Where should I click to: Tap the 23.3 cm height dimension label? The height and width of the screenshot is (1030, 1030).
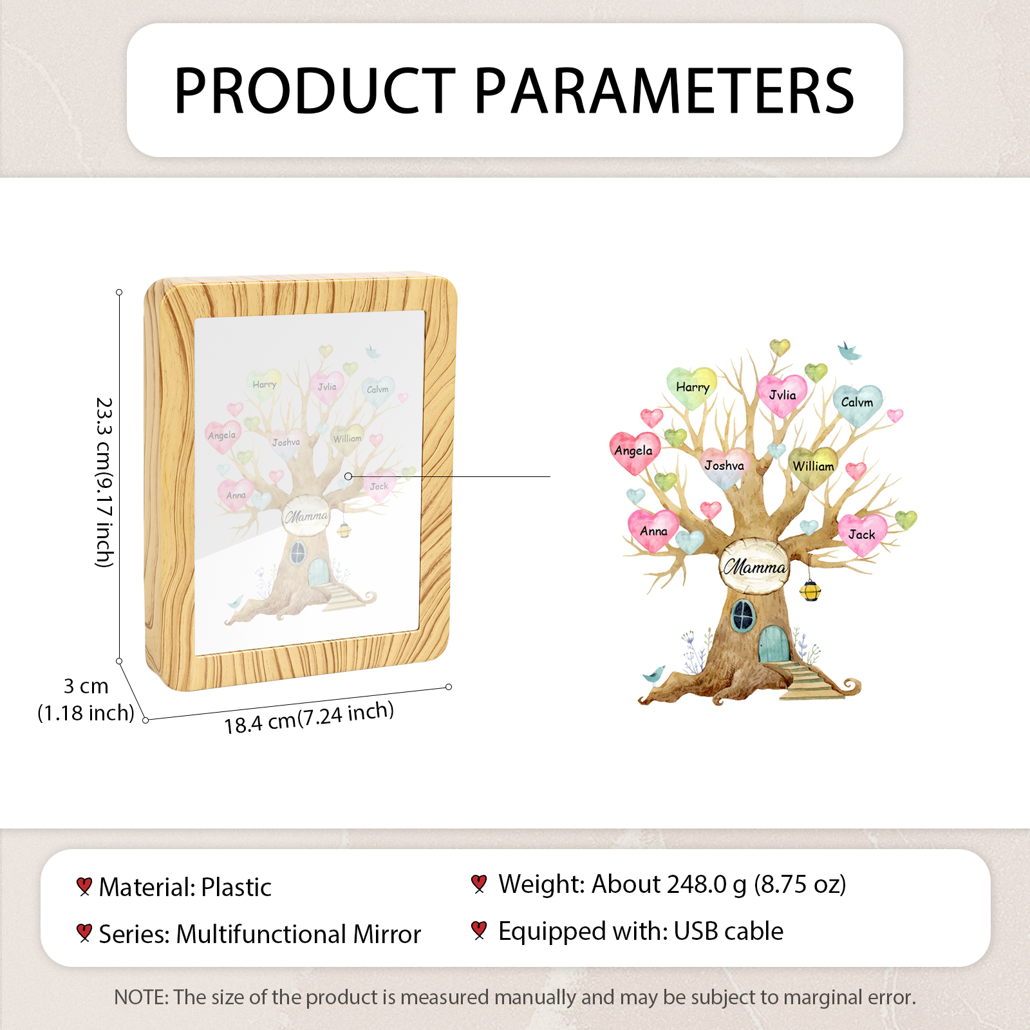coord(104,482)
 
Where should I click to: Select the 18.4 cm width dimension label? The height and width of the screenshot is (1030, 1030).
coord(309,718)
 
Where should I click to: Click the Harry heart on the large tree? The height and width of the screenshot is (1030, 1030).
coord(692,388)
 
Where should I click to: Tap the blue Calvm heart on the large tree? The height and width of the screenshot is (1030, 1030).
coord(857,404)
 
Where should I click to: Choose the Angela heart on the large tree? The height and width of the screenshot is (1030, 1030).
coord(634,452)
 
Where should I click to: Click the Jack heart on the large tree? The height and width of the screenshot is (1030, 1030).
coord(863,534)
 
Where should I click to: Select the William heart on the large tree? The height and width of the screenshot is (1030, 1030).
coord(813,467)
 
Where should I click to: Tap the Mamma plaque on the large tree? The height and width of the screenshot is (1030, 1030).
coord(754,566)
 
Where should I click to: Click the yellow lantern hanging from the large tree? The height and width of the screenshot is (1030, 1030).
coord(810,590)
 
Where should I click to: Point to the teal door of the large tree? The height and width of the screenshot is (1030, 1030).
coord(772,644)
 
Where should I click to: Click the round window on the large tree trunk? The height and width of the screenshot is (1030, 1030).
coord(743,615)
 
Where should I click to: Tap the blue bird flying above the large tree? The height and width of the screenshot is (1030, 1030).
coord(849,352)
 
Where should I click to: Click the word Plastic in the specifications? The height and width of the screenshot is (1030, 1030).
coord(236,887)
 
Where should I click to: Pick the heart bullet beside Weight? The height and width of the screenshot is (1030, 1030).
coord(478,884)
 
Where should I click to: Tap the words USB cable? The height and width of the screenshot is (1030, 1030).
coord(729,931)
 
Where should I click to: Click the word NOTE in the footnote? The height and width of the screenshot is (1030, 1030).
coord(141,997)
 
